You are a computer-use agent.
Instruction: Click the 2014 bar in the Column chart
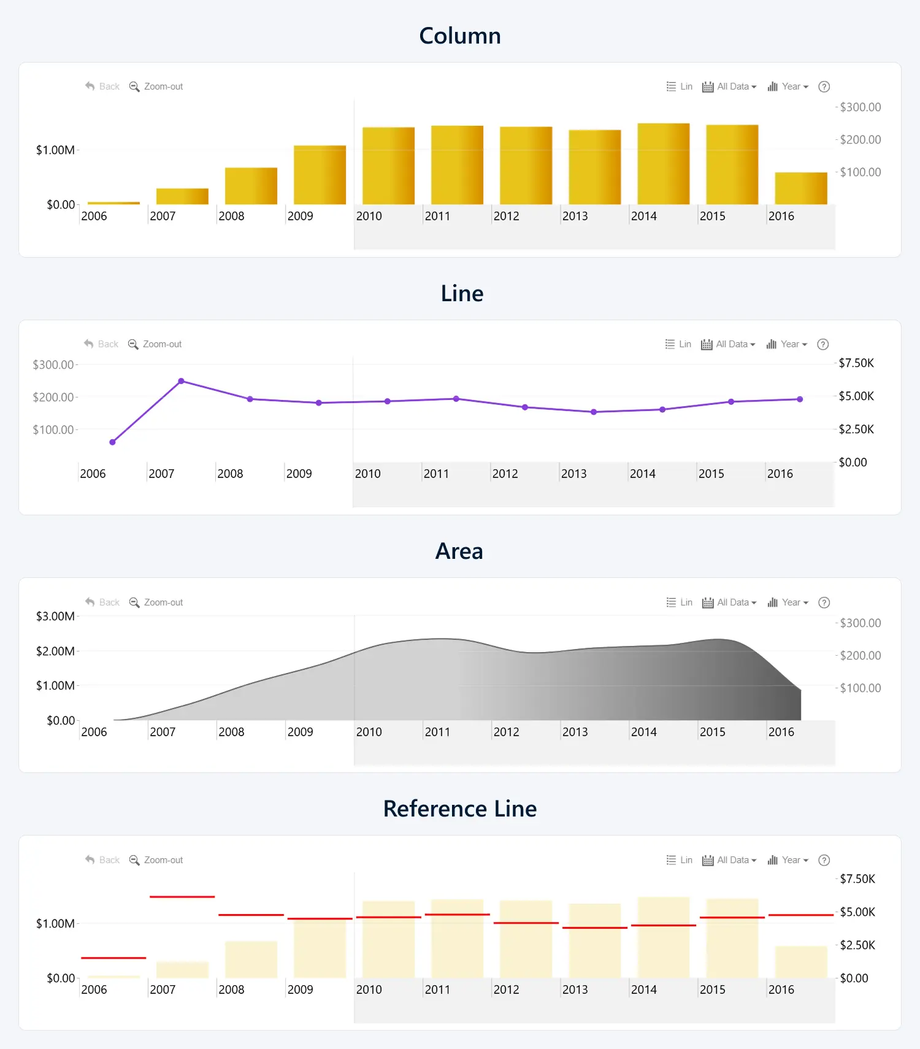point(663,164)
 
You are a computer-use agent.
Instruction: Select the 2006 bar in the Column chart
point(113,202)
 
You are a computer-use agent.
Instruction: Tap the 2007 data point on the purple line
point(182,381)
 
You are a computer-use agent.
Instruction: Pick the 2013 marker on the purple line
point(594,412)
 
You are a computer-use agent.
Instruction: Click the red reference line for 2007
point(182,897)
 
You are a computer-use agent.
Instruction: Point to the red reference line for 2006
point(113,958)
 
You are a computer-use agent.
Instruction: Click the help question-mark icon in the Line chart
point(823,344)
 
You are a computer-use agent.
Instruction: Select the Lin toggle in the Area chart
point(680,602)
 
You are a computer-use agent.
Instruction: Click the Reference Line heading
point(460,809)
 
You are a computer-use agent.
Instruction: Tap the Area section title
point(459,551)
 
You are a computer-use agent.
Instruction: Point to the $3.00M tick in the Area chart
point(55,616)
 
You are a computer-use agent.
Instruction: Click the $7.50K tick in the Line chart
point(856,363)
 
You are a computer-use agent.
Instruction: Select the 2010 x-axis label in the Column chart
point(369,216)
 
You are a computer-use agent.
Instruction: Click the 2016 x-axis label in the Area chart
point(781,732)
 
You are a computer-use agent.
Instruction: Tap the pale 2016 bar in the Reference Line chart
point(801,962)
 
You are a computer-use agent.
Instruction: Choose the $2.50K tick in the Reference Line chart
point(857,945)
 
